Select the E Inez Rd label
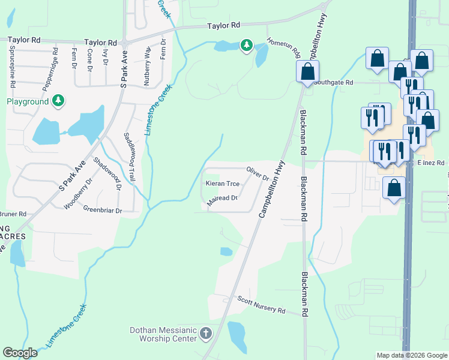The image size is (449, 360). (x=430, y=163)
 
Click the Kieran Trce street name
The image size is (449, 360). (x=223, y=184)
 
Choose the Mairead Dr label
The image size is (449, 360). (x=222, y=200)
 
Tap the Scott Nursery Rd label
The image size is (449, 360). (x=261, y=304)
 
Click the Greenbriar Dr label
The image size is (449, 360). (x=103, y=211)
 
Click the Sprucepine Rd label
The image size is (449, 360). (x=11, y=66)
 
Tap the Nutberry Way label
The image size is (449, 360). (x=148, y=65)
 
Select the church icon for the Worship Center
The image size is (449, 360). (x=206, y=333)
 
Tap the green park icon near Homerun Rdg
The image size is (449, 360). (x=246, y=45)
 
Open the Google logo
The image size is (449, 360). (x=20, y=353)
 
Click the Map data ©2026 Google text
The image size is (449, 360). (x=412, y=355)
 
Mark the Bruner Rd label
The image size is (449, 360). (x=13, y=214)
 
